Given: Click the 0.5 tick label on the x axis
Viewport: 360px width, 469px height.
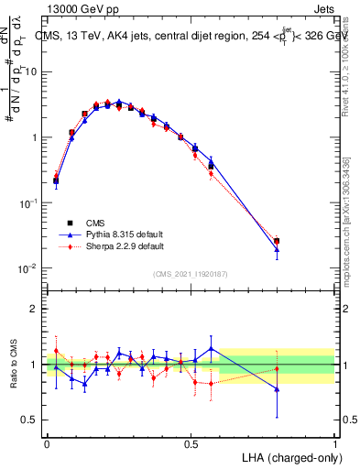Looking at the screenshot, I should [x=191, y=443].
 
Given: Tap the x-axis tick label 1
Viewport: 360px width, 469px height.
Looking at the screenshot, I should [x=334, y=443].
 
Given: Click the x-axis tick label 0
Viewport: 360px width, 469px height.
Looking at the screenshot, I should [x=47, y=443].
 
